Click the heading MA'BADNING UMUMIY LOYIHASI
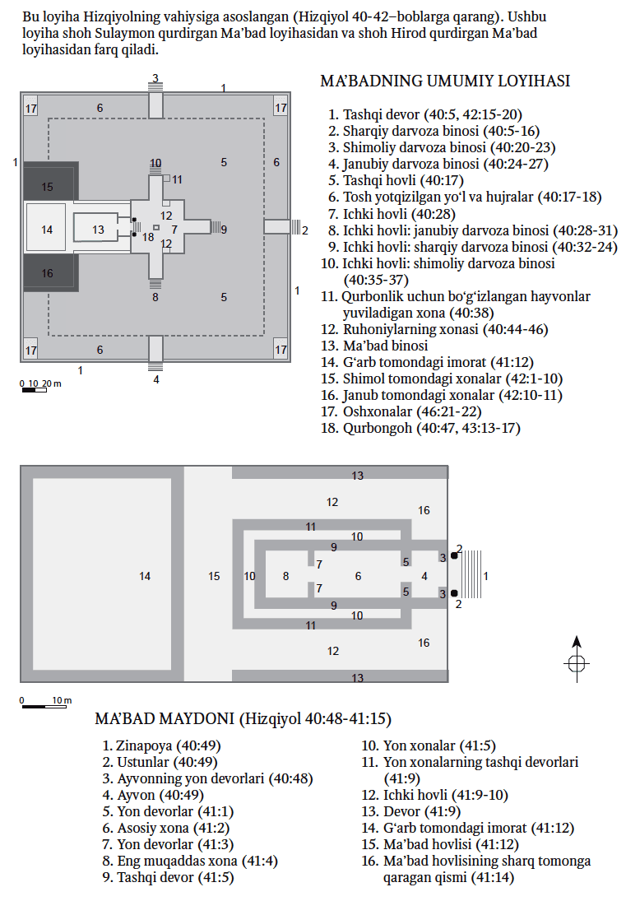click(444, 81)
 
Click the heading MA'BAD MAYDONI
click(243, 719)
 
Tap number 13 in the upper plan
click(98, 230)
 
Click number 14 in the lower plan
click(145, 577)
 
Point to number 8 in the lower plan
click(285, 577)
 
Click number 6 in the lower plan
click(358, 577)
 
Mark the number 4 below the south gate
click(155, 379)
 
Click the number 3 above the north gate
click(155, 78)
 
